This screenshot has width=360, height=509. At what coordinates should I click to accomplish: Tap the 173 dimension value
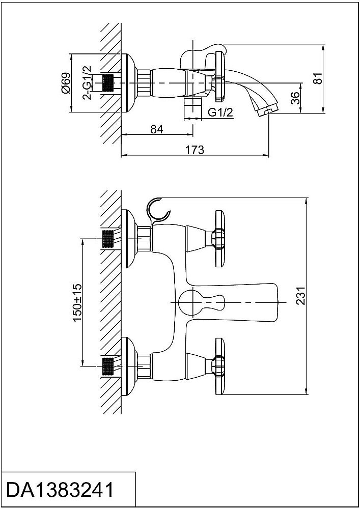tap(195, 149)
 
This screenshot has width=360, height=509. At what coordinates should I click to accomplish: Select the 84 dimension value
tap(157, 129)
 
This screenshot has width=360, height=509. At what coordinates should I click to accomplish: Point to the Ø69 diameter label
tap(65, 82)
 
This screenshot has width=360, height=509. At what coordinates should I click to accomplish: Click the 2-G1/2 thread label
tap(87, 82)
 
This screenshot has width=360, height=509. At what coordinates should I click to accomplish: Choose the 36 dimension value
tap(295, 98)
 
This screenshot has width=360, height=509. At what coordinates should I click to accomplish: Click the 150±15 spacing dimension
tap(77, 301)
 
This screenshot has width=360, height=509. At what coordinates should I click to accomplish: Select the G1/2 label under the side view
tap(220, 112)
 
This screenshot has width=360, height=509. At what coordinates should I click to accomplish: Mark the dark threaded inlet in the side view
tap(107, 82)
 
